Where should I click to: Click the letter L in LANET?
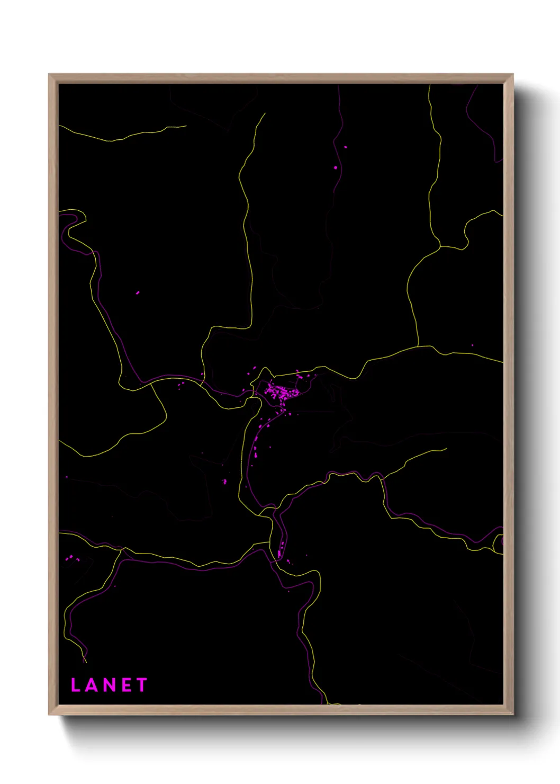[x=75, y=685]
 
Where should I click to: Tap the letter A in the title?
[x=91, y=685]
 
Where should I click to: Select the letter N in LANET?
[x=108, y=685]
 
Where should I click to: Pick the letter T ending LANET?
[x=141, y=685]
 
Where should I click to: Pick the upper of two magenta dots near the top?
[x=346, y=147]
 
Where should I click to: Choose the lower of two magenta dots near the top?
[x=336, y=167]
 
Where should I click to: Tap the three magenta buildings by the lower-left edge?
[x=70, y=558]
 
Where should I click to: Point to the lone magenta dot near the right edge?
[x=472, y=345]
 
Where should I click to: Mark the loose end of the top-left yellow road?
[x=186, y=126]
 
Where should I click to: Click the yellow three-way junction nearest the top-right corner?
[x=440, y=246]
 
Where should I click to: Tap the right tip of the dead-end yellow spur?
[x=446, y=449]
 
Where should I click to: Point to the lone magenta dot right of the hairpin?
[x=138, y=292]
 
